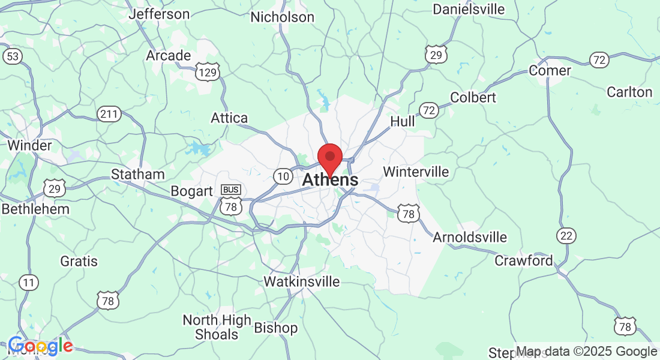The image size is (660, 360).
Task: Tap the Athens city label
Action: click(x=331, y=179)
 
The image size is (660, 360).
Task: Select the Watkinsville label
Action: click(x=302, y=281)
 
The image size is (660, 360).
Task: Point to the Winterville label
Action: click(x=416, y=172)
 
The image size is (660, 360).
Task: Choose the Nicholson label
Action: click(x=282, y=17)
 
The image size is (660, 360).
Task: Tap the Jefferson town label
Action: click(x=159, y=13)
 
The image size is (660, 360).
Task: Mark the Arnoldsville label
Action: click(x=470, y=237)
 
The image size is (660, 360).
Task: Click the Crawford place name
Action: click(x=524, y=260)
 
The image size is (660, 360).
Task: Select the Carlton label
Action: click(x=629, y=92)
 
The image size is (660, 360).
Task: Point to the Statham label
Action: click(x=138, y=174)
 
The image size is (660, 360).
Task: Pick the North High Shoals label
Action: click(x=217, y=327)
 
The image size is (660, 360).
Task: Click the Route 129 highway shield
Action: click(x=208, y=72)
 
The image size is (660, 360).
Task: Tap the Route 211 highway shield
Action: click(x=110, y=113)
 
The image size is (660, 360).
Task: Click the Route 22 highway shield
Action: click(x=566, y=235)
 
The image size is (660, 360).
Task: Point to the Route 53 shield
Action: click(x=12, y=56)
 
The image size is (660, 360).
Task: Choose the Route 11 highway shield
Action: click(x=28, y=282)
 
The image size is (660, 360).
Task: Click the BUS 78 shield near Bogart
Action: click(x=230, y=200)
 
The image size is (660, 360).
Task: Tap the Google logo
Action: click(x=40, y=346)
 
